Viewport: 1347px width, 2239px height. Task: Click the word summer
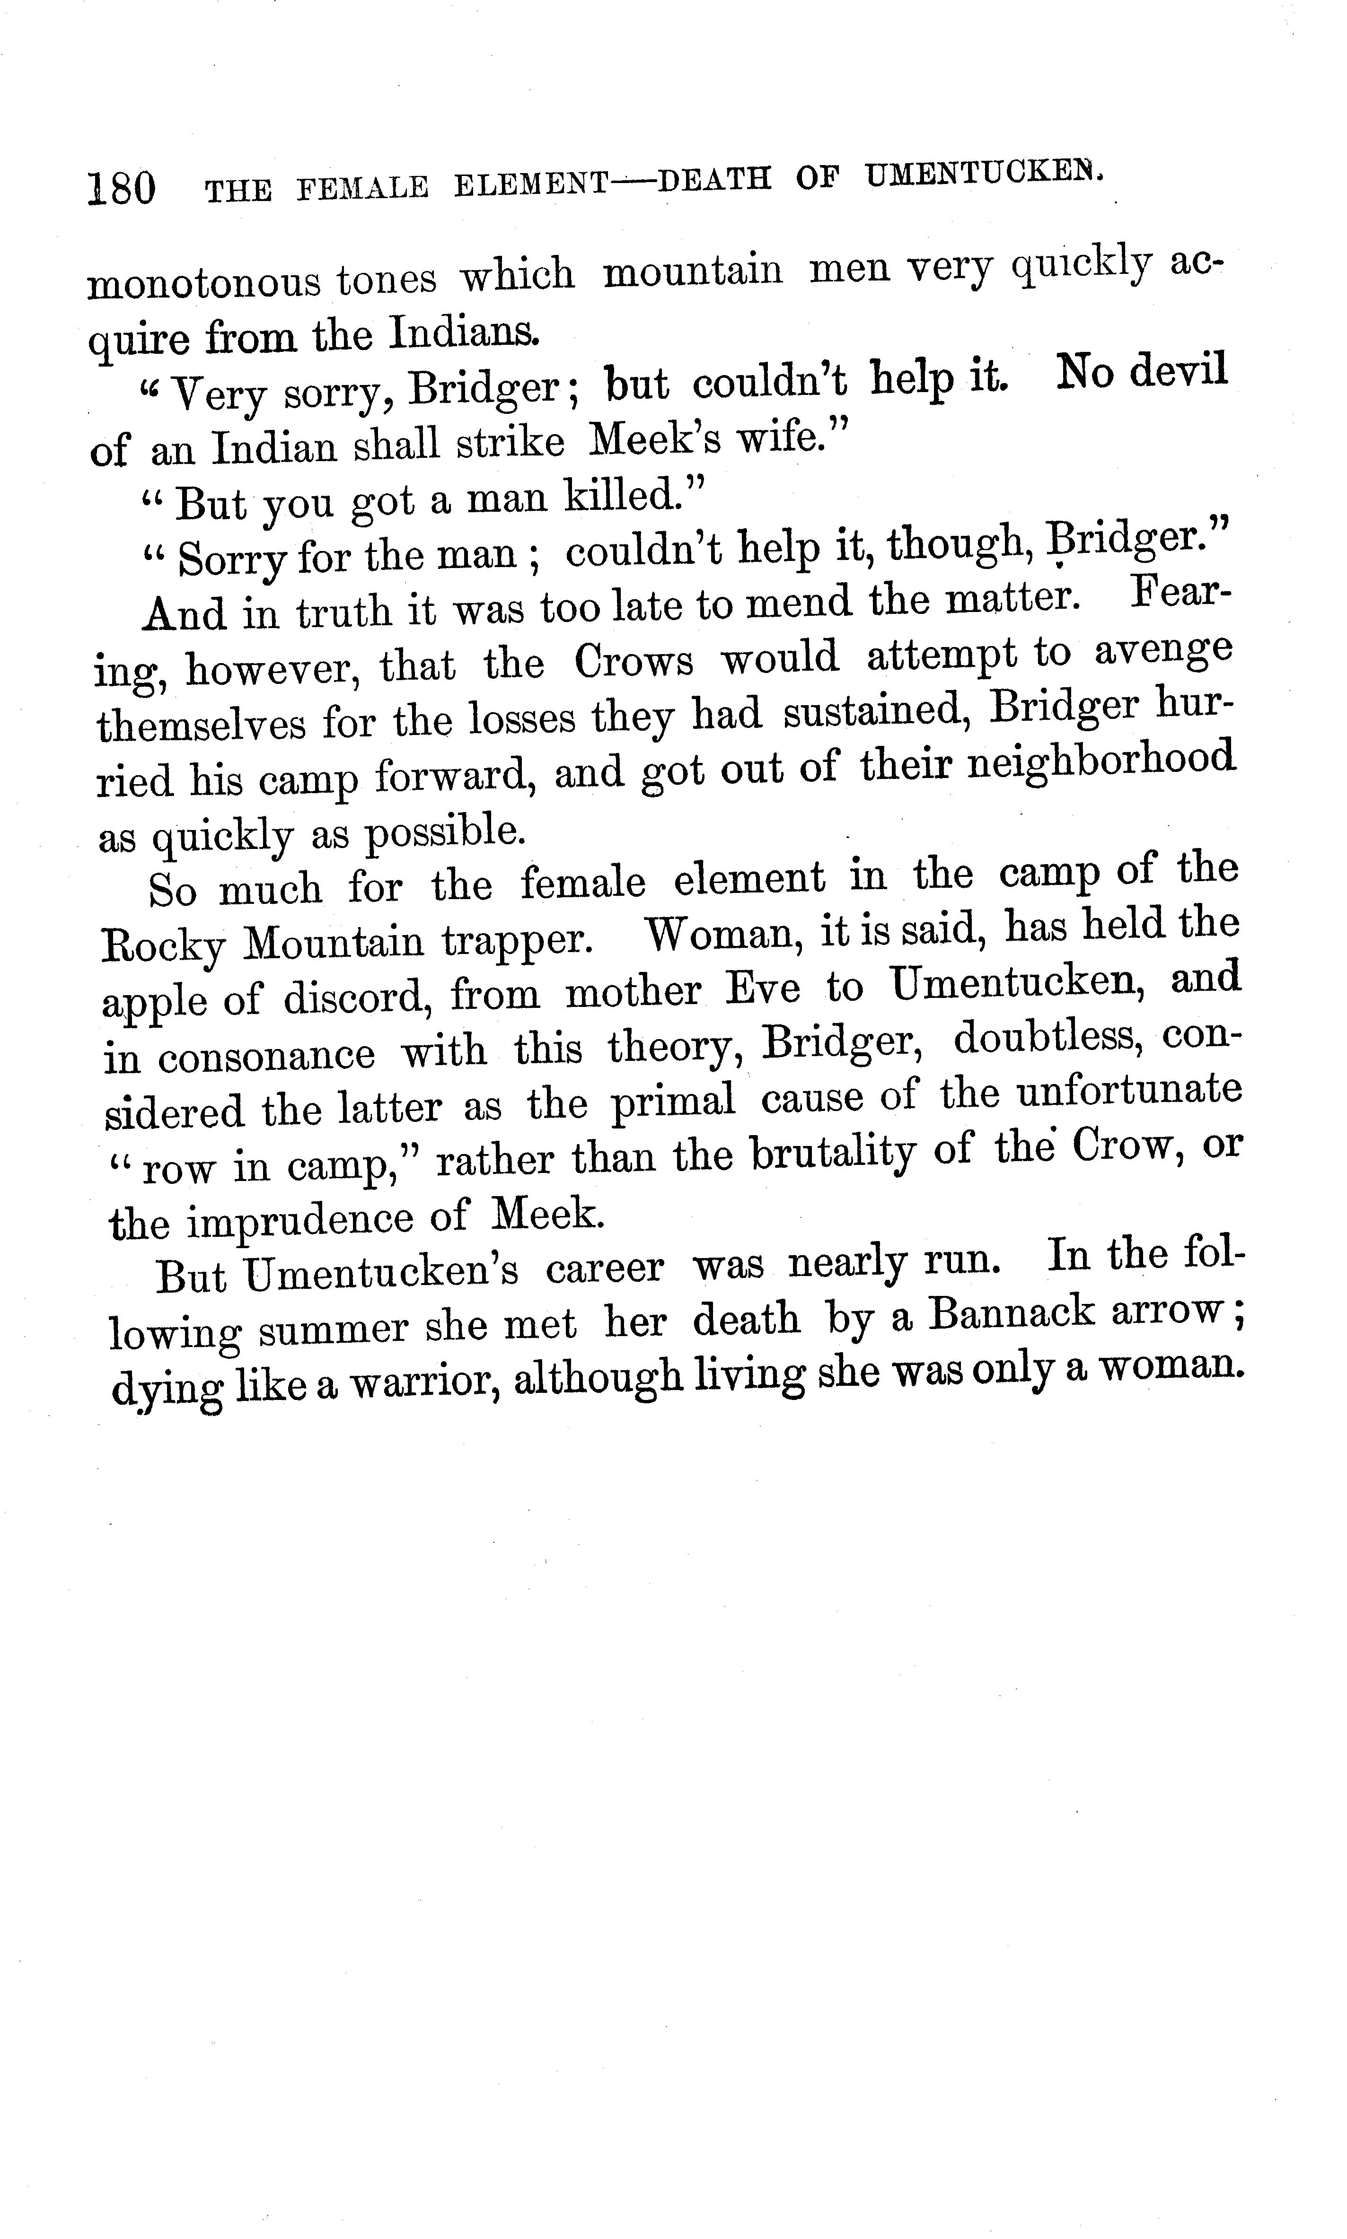(x=332, y=1329)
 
